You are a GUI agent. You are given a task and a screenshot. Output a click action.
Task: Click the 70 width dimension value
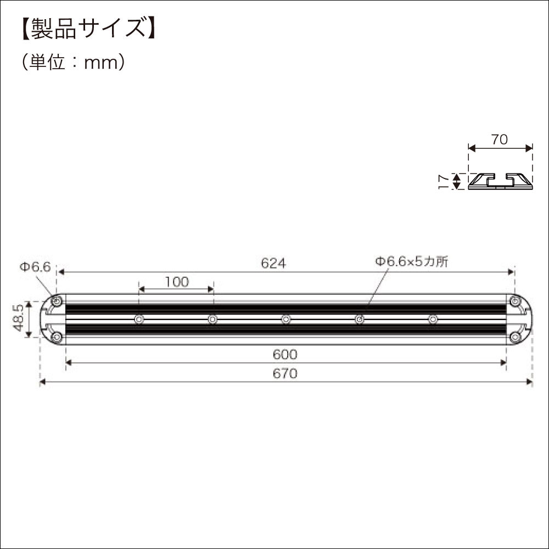499,139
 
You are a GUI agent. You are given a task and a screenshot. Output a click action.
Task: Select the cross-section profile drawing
500,181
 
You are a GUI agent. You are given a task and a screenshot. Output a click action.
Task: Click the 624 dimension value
273,264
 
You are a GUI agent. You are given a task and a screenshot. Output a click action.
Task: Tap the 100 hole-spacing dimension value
176,282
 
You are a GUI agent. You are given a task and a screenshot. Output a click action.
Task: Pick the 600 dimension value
285,355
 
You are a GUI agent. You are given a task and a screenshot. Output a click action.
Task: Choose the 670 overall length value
285,374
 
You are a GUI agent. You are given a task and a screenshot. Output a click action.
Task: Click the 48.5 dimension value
18,319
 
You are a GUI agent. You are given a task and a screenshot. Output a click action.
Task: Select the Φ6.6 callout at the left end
35,267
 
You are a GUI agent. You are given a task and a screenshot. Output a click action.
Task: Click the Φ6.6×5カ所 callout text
412,262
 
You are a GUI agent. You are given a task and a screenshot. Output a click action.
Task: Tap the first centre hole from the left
139,319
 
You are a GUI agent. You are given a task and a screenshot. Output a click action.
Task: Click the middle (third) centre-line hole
286,319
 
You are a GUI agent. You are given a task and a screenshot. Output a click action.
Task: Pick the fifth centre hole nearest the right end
433,319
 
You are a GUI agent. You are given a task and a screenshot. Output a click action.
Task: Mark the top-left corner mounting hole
56,301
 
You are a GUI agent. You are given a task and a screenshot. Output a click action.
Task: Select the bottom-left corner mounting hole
56,337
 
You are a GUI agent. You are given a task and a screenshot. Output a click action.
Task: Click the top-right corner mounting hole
516,301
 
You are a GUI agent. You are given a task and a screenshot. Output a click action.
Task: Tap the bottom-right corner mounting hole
516,337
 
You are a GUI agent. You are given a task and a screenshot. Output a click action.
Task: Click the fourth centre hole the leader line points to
360,319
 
